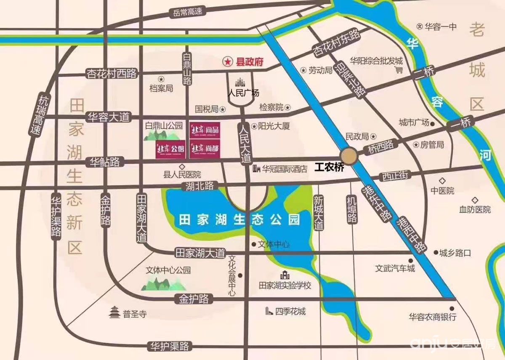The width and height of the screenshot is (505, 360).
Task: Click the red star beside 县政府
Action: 227,62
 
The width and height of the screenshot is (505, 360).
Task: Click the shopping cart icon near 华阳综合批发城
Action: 399,70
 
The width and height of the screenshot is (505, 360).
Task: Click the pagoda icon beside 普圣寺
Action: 114,313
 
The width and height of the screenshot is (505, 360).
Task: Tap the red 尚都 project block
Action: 205,150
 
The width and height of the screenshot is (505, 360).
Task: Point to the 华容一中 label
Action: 440,27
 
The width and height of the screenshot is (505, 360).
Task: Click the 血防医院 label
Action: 475,209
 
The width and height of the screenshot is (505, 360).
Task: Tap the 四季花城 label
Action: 290,312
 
